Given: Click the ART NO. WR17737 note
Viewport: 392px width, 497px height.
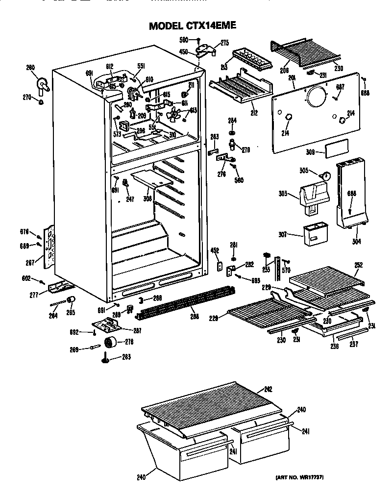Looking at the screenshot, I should tap(298, 477).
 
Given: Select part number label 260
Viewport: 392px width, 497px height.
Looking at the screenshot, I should tap(31, 68).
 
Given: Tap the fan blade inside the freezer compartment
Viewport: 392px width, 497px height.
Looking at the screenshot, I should tap(172, 115).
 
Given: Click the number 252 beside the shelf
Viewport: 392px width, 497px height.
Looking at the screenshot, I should tap(359, 265).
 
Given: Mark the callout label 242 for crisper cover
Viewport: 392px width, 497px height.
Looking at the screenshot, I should tap(268, 390).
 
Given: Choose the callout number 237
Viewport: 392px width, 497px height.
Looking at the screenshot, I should tap(354, 345).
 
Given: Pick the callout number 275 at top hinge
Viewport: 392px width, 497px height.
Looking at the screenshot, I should tap(224, 43).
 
